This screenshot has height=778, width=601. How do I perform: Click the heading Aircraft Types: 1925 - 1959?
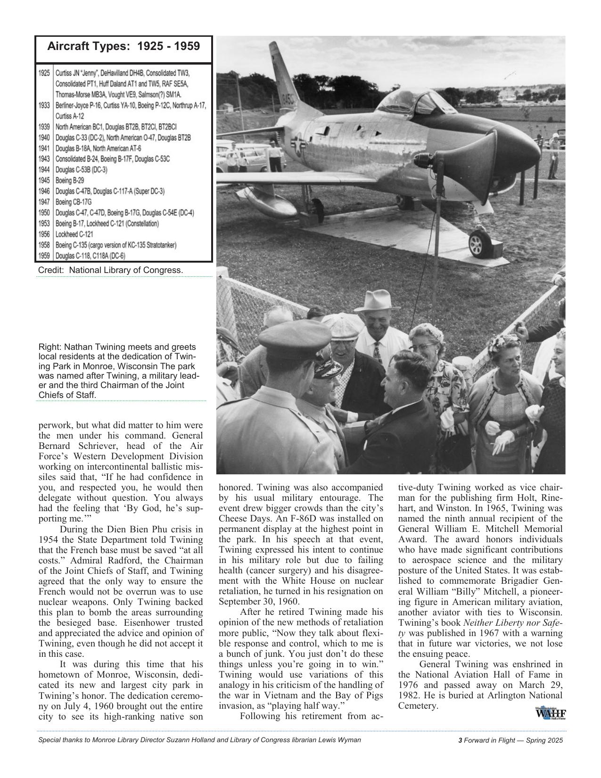(x=123, y=47)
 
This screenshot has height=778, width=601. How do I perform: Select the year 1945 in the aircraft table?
(x=44, y=180)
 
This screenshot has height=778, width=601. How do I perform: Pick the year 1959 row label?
(x=44, y=256)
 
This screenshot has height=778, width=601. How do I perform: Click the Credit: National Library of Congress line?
(x=110, y=270)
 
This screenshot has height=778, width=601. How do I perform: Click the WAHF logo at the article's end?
(x=550, y=713)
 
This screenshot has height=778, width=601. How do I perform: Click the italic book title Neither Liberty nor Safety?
(x=513, y=623)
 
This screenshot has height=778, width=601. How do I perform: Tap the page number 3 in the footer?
(x=460, y=740)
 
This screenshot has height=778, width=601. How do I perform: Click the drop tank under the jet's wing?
(x=262, y=199)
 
